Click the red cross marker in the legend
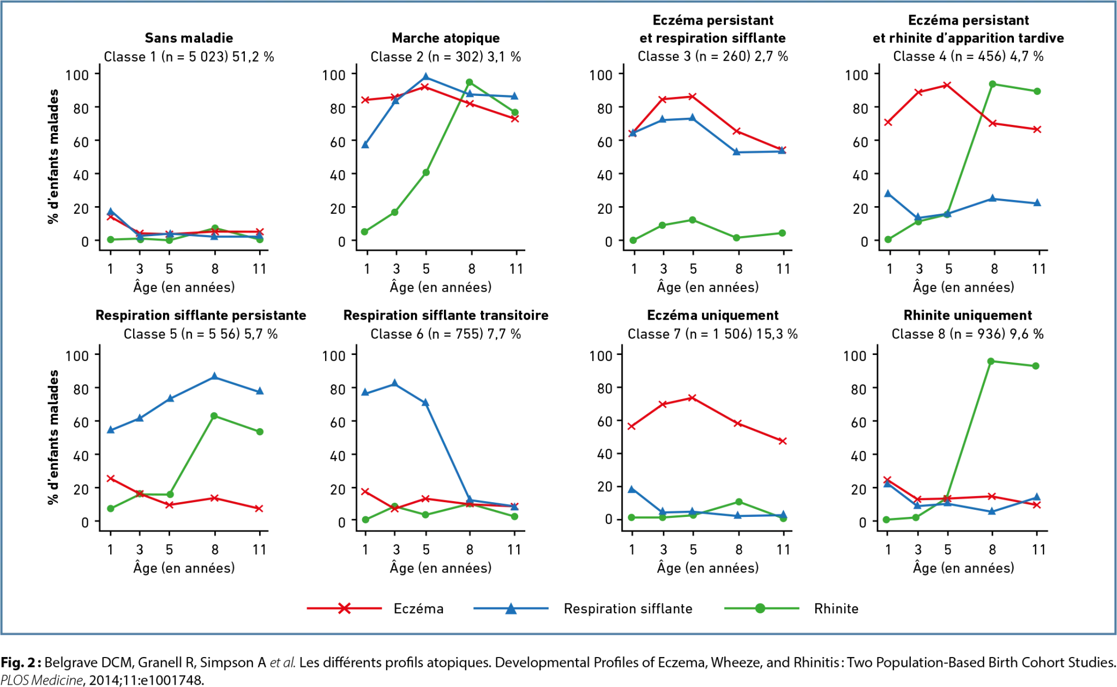coord(344,608)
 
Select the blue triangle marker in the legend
coord(510,608)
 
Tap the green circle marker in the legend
coord(761,608)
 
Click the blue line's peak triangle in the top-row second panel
coord(425,76)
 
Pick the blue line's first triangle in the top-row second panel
coord(365,146)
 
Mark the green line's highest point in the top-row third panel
coord(692,220)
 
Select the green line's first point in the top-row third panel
coord(632,240)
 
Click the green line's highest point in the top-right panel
coord(993,84)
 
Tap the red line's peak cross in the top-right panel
coord(947,85)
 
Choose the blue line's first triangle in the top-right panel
coord(887,193)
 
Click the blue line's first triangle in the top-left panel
coord(111,210)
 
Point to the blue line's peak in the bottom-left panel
coord(214,376)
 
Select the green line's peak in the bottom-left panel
coord(214,416)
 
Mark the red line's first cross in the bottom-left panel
coord(111,478)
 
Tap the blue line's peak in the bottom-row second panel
coord(394,382)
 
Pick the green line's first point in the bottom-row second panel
coord(365,521)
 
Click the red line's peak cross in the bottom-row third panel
coord(692,398)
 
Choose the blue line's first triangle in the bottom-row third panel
coord(632,489)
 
